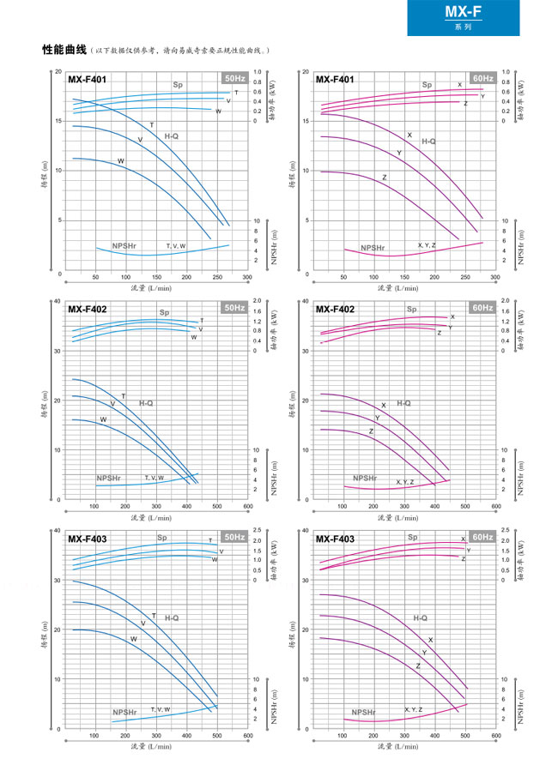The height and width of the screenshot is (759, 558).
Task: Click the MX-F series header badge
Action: (x=481, y=17)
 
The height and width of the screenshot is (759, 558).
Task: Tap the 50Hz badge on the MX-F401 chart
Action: (x=234, y=79)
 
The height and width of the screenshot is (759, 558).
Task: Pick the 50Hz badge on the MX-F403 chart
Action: (x=234, y=537)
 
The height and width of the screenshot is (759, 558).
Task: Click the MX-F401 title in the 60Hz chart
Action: (x=335, y=80)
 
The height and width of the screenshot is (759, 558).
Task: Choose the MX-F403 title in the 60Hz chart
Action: (x=335, y=539)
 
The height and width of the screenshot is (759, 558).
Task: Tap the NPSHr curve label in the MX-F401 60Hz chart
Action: (x=373, y=248)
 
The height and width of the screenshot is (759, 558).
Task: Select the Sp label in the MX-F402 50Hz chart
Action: (x=163, y=312)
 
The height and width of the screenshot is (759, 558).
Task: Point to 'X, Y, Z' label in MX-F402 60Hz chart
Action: (x=404, y=482)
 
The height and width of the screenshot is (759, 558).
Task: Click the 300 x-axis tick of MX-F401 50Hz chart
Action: (x=246, y=277)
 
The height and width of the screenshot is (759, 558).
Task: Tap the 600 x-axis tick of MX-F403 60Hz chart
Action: (x=495, y=736)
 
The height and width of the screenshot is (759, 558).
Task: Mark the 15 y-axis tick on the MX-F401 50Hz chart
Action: (x=58, y=121)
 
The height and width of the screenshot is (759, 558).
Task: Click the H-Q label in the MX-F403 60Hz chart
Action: (x=420, y=617)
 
